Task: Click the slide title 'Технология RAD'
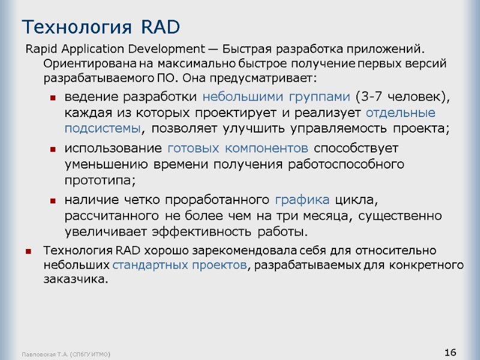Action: click(x=101, y=27)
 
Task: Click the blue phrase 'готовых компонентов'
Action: click(x=238, y=148)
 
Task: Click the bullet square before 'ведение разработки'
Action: click(x=53, y=98)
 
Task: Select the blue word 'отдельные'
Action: click(x=401, y=113)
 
